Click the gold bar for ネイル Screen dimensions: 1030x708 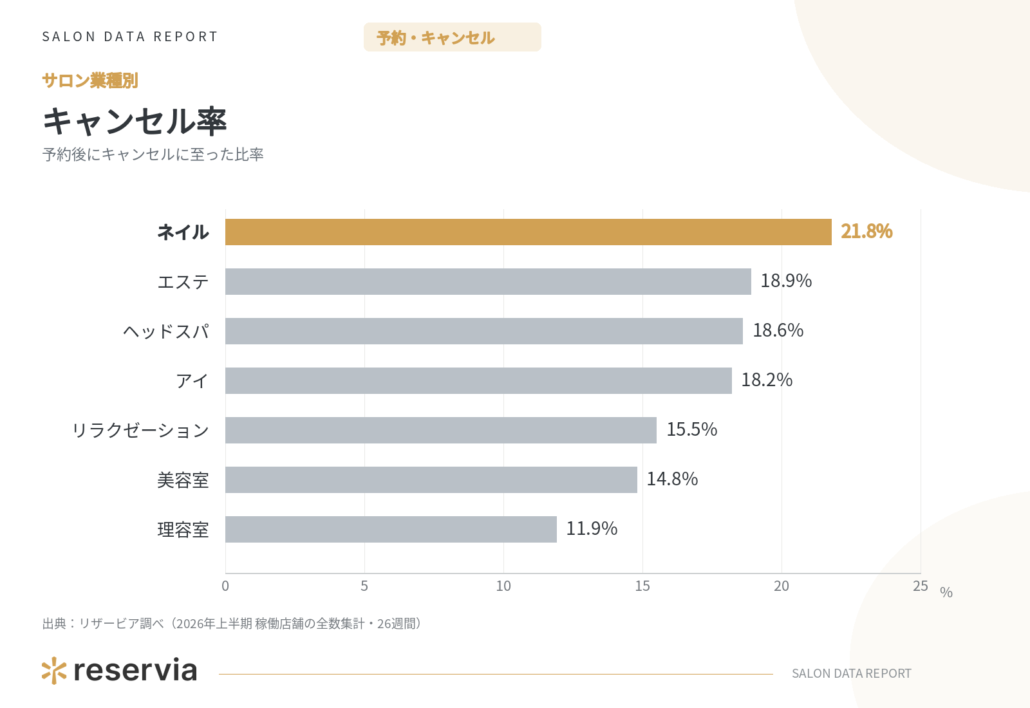point(529,232)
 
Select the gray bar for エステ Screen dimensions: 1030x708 point(489,281)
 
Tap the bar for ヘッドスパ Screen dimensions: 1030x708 point(484,331)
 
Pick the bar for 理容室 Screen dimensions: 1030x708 point(391,529)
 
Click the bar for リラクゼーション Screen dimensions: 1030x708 point(441,431)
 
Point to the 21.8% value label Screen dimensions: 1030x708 point(866,231)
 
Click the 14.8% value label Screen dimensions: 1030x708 point(672,479)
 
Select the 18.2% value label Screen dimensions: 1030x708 point(767,380)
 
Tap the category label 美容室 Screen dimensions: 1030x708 point(183,480)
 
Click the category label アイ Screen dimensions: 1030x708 point(192,381)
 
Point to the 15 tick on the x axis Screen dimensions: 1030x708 point(642,586)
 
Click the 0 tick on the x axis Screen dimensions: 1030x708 point(225,586)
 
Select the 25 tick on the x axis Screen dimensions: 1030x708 point(921,586)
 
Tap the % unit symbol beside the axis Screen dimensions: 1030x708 point(946,592)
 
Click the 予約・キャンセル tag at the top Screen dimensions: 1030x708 point(453,37)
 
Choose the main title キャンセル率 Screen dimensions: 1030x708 point(135,122)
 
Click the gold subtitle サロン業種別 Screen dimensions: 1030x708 point(90,80)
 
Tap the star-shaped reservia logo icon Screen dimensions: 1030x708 point(54,671)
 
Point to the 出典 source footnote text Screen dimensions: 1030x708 point(232,624)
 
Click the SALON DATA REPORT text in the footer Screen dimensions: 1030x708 point(852,673)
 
